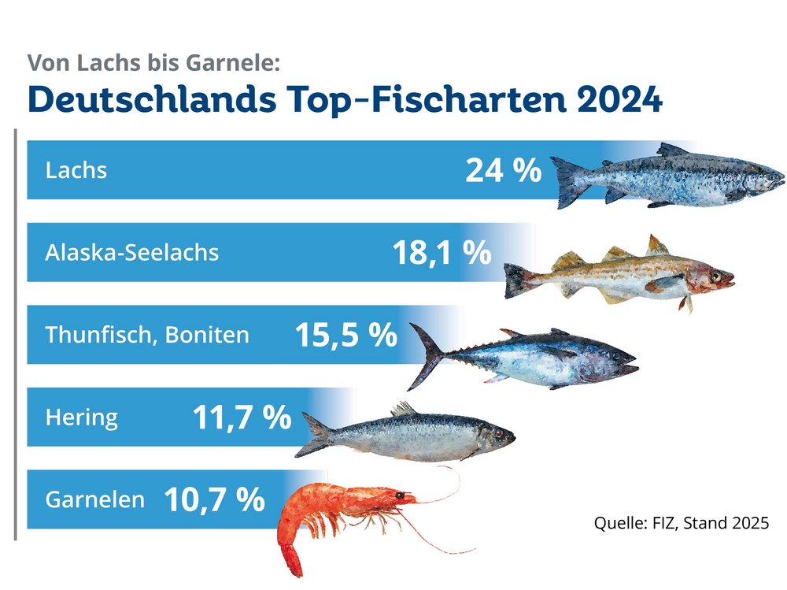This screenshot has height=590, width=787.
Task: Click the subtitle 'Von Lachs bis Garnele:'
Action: point(153,62)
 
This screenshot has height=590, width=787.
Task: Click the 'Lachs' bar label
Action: point(76,170)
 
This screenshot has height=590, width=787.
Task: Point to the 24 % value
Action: point(503,170)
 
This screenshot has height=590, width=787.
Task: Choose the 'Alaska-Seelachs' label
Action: point(132,252)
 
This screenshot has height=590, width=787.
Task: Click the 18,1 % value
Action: point(441,253)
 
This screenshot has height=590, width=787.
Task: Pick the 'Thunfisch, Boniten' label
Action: point(147,335)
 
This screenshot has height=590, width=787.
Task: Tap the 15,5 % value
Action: point(345,336)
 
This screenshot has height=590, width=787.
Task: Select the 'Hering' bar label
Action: point(82,417)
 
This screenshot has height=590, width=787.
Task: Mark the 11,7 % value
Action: point(242,417)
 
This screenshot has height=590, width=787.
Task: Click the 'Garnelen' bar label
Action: point(95,499)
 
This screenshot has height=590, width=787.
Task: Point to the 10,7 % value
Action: point(214,499)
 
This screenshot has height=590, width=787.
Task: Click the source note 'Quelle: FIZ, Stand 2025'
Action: point(680,523)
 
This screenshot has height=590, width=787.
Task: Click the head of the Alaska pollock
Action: point(712,278)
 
